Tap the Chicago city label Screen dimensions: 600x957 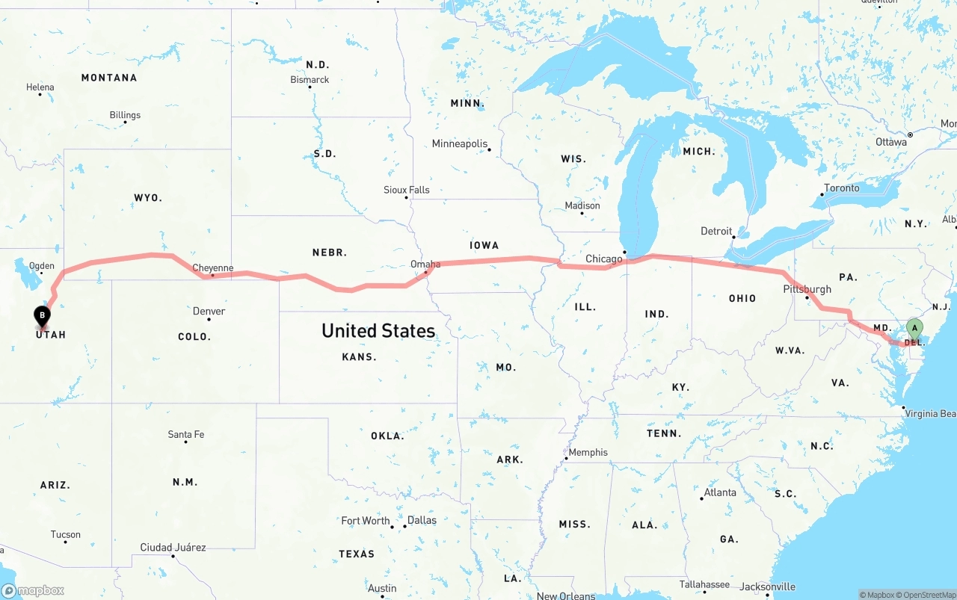(x=604, y=259)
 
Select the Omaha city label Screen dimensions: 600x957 (x=425, y=264)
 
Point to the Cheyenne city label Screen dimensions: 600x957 (x=213, y=267)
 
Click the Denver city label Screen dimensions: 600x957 (x=209, y=311)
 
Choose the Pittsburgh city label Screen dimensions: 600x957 (x=807, y=289)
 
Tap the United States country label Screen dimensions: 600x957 (x=378, y=330)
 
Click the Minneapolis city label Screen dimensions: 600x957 (x=459, y=143)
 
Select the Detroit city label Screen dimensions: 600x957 (x=716, y=231)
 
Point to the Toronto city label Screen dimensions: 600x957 (x=842, y=188)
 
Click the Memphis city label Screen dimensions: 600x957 (x=588, y=452)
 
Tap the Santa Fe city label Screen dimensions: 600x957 (x=185, y=434)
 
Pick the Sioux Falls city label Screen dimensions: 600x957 (x=407, y=190)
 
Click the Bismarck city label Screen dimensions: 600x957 (x=310, y=79)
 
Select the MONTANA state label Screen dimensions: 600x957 (x=109, y=78)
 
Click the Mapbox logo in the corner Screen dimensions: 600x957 (x=33, y=590)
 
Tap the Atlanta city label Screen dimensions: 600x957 (x=720, y=492)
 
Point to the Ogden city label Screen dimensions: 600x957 (x=41, y=266)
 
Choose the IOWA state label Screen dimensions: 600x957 (x=484, y=245)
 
